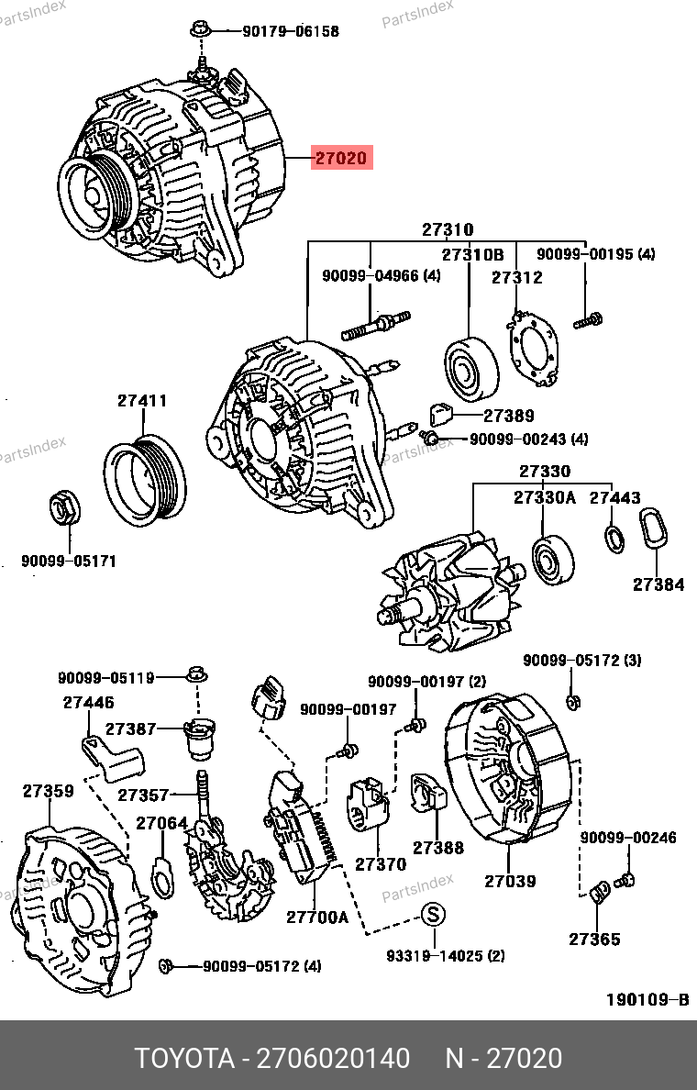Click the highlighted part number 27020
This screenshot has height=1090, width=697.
coord(341,159)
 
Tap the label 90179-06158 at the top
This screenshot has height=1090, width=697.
coord(291,31)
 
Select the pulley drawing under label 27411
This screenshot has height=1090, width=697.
coord(144,483)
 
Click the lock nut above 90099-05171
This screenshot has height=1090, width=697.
coord(61,508)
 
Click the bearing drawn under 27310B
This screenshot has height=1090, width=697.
coord(471,369)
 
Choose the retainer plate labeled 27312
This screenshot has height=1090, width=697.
coord(533,347)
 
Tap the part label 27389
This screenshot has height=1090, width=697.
coord(509,416)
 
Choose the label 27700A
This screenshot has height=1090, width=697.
coord(317,916)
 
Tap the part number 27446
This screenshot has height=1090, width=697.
coord(89,703)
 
